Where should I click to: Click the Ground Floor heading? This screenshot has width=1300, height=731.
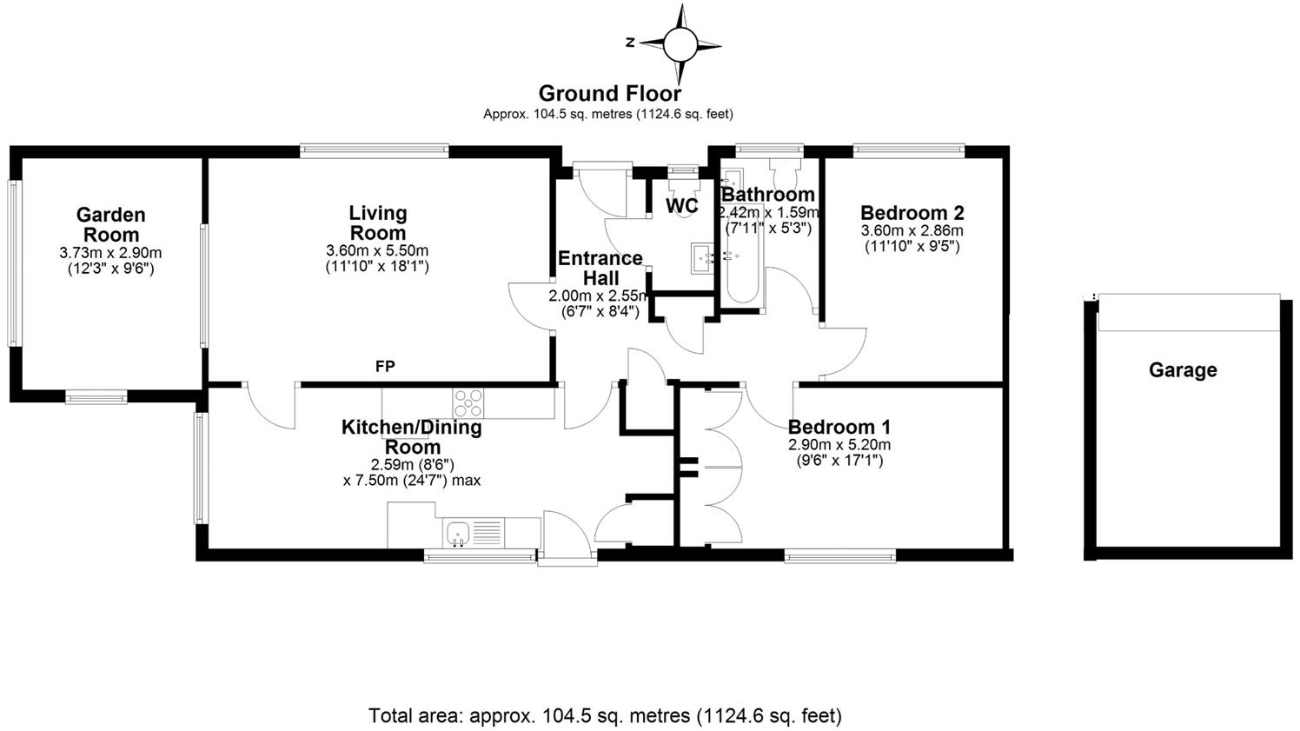[x=609, y=93]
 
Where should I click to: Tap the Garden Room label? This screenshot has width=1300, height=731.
[x=110, y=224]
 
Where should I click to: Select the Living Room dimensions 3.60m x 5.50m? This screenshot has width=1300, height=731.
[x=377, y=251]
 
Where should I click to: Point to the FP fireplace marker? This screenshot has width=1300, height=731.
[x=385, y=367]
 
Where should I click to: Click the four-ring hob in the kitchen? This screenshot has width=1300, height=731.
[x=469, y=402]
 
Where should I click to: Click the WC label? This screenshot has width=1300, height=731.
[x=681, y=206]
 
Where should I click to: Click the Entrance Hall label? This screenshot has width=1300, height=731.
[x=600, y=268]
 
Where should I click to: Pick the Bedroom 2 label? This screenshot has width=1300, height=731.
[x=912, y=213]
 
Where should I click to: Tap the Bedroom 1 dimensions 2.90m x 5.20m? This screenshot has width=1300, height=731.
[x=839, y=445]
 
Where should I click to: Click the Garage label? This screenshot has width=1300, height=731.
[x=1183, y=370]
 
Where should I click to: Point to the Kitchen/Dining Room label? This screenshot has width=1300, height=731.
[x=411, y=436]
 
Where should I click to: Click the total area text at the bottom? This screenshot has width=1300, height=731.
[x=605, y=716]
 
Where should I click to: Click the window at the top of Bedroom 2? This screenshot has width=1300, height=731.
[x=909, y=150]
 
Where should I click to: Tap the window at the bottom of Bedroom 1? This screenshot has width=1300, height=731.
[x=839, y=555]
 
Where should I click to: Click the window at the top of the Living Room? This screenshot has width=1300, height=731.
[x=375, y=150]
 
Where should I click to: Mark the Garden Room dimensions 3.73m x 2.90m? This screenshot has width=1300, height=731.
[x=110, y=254]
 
